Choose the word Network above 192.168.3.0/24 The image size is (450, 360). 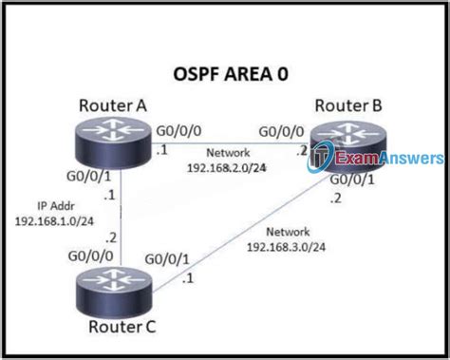point(288,232)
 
